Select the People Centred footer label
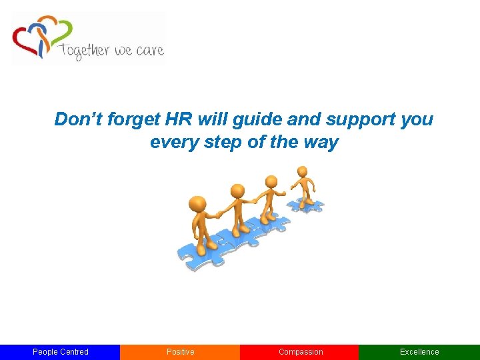coord(60,352)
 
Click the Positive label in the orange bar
coord(180,352)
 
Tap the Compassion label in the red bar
coord(300,352)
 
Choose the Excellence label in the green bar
coord(419,352)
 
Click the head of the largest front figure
coord(197,204)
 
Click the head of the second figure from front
coord(237,191)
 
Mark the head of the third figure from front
coord(271,181)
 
